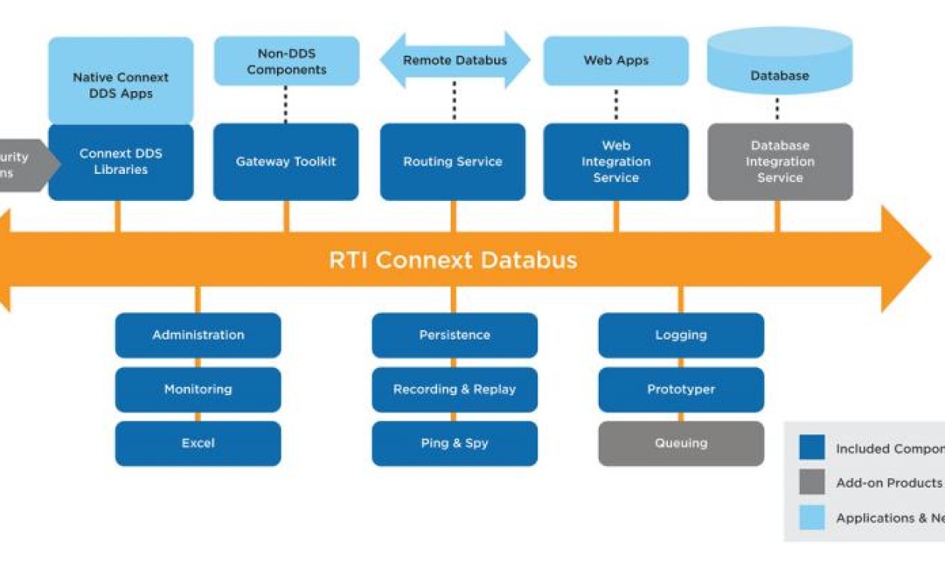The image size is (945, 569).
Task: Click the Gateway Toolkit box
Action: [286, 162]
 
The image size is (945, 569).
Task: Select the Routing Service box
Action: [452, 162]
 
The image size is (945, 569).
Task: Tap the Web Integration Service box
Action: [615, 162]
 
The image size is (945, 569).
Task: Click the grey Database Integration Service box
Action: [779, 162]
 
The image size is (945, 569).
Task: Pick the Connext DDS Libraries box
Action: [120, 162]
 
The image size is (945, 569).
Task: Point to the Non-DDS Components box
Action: [286, 61]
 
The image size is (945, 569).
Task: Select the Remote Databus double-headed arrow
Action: [454, 60]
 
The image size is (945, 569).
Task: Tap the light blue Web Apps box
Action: [615, 60]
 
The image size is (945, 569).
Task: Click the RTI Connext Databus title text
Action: [453, 260]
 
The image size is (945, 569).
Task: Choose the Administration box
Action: [198, 335]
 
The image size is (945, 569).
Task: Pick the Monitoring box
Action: [198, 389]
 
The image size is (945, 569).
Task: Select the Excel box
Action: [198, 443]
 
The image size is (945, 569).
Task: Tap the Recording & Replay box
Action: [454, 389]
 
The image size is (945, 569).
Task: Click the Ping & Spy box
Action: [454, 443]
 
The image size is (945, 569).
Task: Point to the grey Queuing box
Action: [681, 443]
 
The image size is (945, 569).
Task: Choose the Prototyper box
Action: [681, 389]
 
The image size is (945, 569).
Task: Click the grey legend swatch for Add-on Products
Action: [812, 482]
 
